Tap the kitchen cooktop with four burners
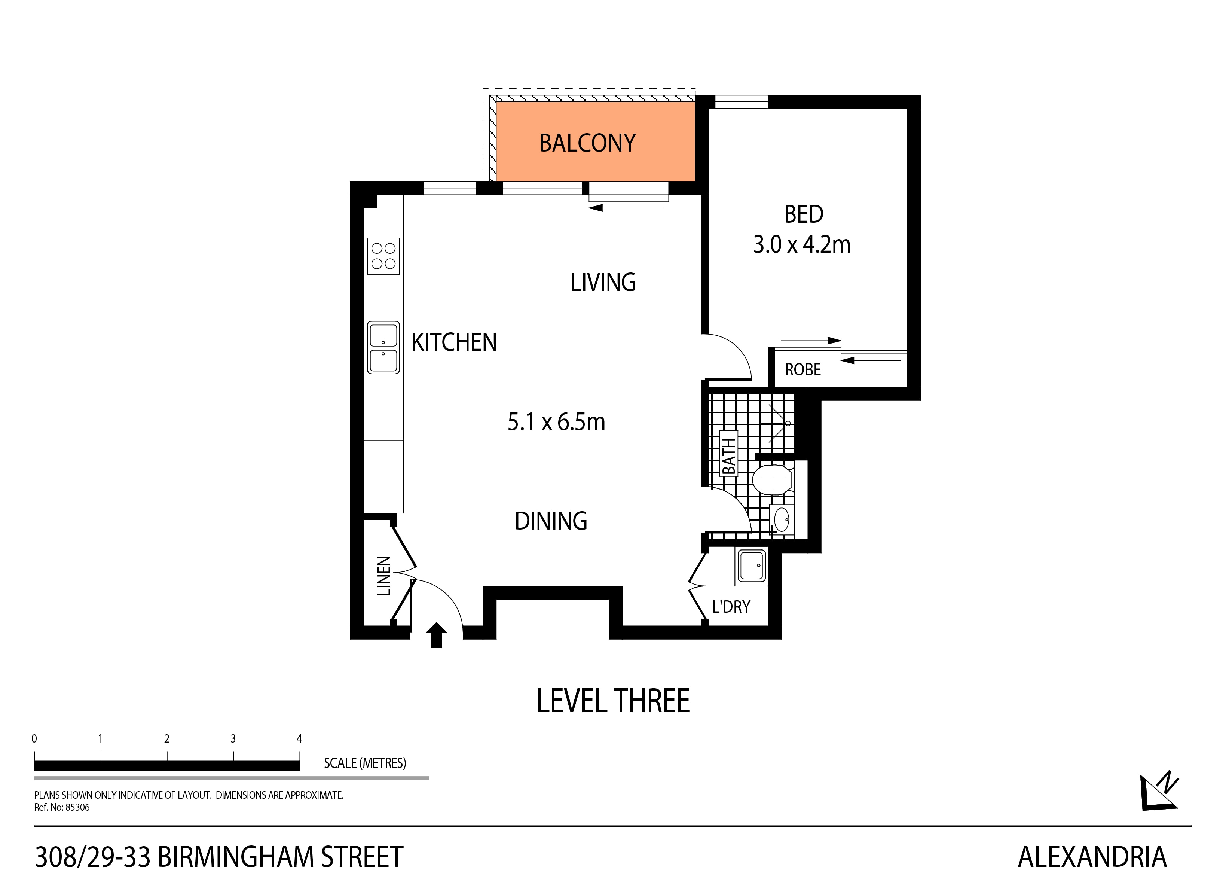[383, 256]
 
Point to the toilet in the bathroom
[772, 479]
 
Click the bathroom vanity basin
[782, 520]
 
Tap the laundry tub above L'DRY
[751, 566]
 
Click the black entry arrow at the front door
[436, 635]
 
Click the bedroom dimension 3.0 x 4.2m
[802, 244]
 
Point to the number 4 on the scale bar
[299, 738]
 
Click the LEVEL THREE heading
[612, 701]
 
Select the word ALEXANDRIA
[1092, 857]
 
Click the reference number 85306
[77, 807]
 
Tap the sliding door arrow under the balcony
[626, 208]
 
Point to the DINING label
[551, 521]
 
